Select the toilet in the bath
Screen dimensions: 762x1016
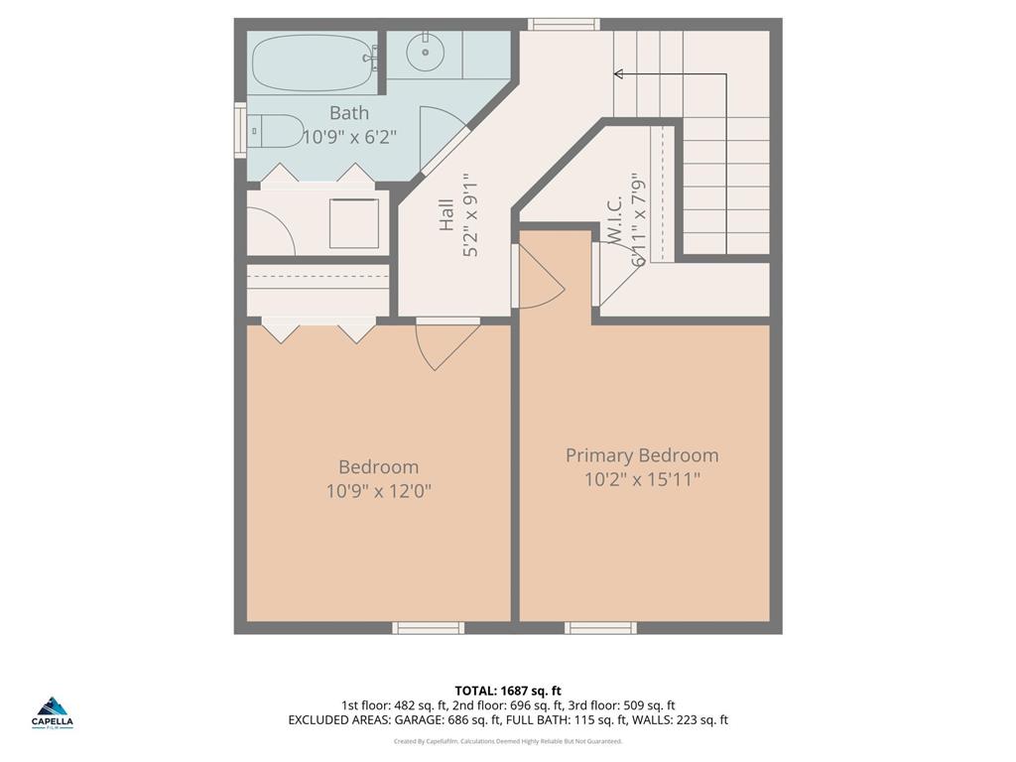(274, 130)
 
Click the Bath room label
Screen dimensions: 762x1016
(349, 113)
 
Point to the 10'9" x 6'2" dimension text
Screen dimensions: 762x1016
(349, 138)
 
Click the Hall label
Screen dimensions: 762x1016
(445, 216)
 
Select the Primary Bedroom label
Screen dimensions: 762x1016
(642, 455)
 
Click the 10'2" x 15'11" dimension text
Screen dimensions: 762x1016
(642, 480)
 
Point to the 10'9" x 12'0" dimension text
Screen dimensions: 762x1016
(378, 491)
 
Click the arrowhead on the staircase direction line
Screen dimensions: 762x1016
(618, 73)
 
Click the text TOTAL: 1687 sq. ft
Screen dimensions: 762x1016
(508, 691)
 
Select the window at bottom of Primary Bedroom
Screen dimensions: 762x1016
(600, 627)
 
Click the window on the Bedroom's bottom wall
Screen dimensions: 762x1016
(428, 627)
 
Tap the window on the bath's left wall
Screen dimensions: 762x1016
(239, 130)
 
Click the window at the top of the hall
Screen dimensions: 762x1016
(564, 24)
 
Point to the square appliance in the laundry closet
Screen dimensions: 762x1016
(354, 223)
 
